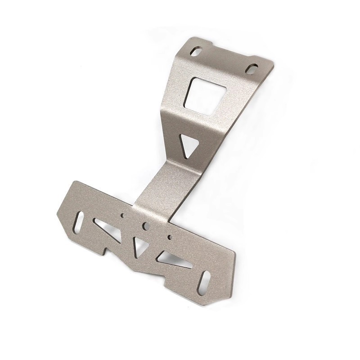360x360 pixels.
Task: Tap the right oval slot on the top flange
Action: click(x=253, y=69)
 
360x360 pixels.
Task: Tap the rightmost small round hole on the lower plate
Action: click(x=170, y=236)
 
